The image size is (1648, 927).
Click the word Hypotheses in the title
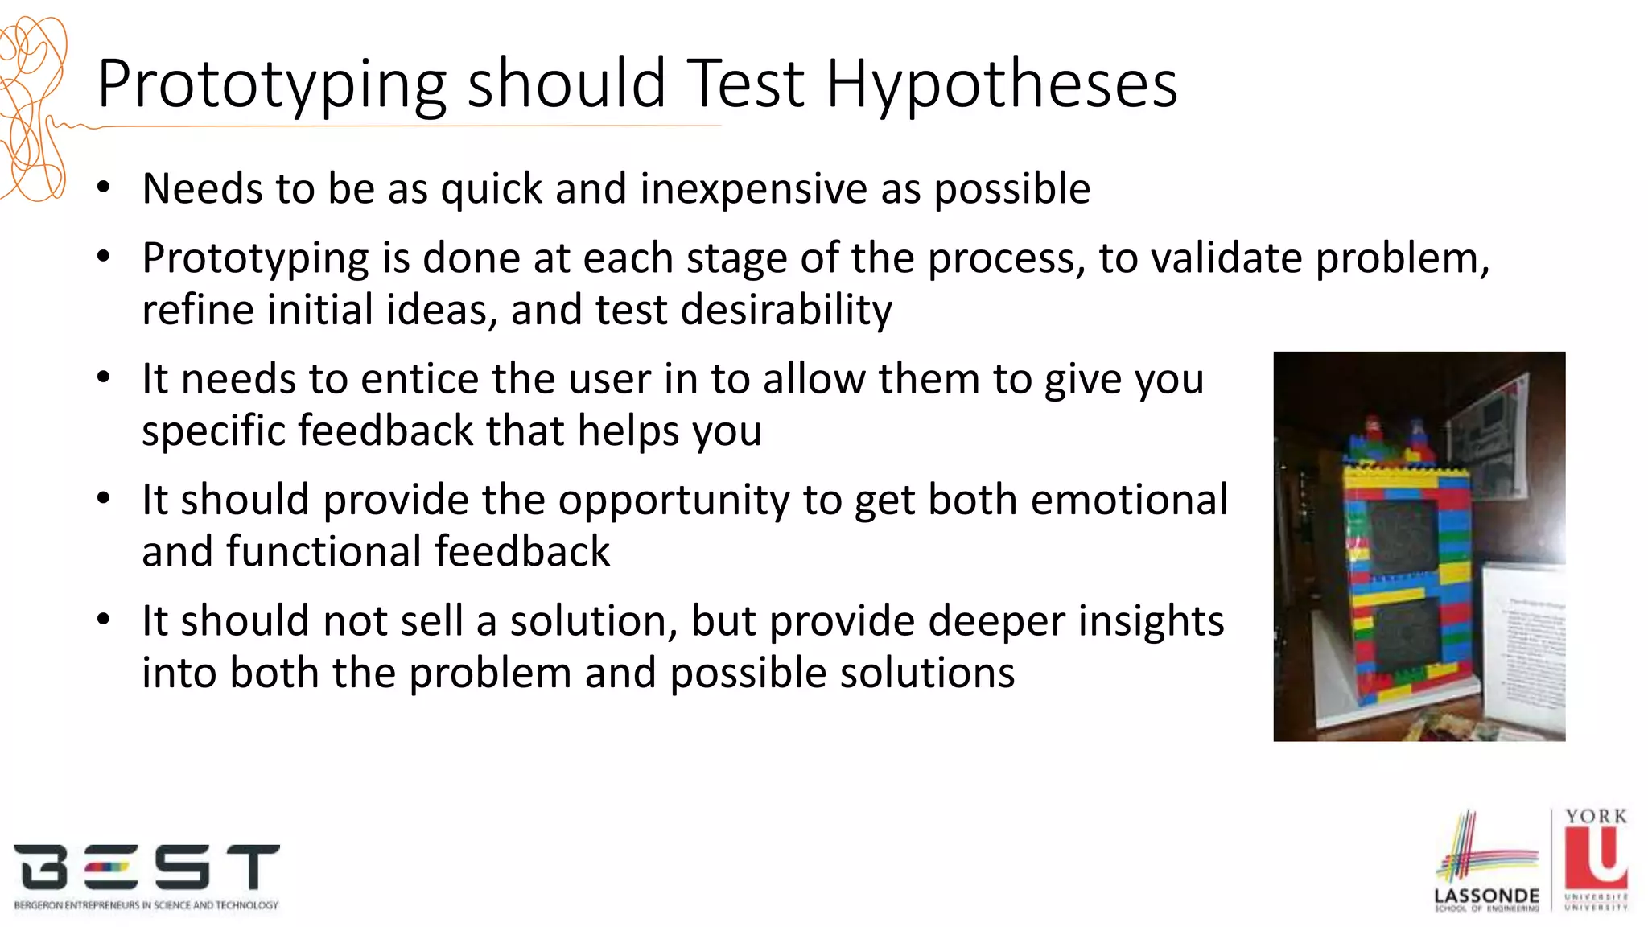pos(1001,84)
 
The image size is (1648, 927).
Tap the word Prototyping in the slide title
pos(271,84)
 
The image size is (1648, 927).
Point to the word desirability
pos(786,311)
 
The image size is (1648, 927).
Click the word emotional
pos(1129,500)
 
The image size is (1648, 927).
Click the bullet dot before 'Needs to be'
pos(103,188)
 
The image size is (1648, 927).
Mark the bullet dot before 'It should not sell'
pos(103,620)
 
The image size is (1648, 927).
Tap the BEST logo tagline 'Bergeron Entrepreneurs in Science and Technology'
pos(146,905)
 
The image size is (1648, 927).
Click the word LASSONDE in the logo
pos(1486,896)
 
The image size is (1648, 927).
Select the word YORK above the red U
pos(1596,817)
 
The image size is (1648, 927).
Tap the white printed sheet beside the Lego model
pos(1526,644)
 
